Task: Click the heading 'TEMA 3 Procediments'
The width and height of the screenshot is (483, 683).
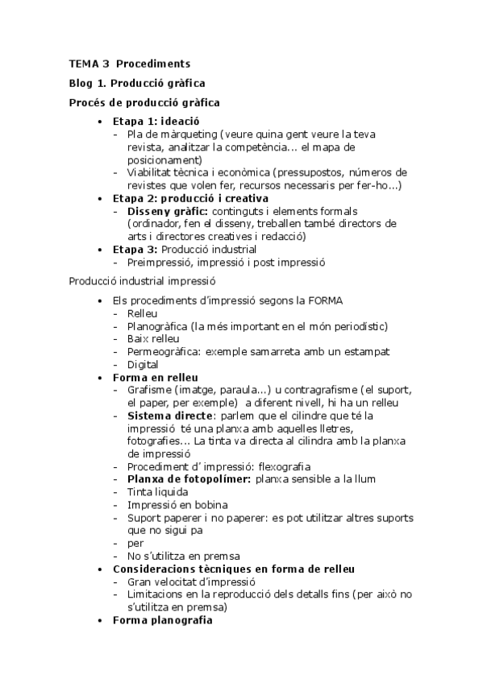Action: point(129,63)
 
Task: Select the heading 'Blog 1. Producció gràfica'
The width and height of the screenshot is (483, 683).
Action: point(136,83)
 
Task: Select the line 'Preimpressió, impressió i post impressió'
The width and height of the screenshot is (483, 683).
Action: point(226,263)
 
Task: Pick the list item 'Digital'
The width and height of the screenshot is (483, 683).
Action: point(143,364)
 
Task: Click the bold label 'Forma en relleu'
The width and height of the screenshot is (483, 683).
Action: point(156,377)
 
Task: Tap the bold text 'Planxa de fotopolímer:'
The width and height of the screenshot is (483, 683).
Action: point(189,479)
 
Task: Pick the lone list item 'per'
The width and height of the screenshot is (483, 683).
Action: point(135,544)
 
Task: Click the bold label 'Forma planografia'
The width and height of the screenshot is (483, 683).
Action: point(162,621)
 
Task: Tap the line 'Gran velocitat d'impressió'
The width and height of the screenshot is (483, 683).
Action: point(191,582)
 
